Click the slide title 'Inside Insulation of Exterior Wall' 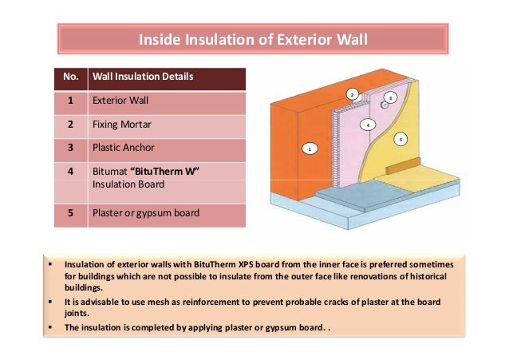tap(254, 38)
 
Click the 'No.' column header tap(70, 77)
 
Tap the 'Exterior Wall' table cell tap(120, 101)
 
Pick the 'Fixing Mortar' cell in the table tap(121, 125)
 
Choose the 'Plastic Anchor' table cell tap(124, 148)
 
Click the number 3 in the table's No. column tap(70, 148)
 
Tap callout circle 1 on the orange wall tap(310, 148)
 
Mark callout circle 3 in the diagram tap(390, 97)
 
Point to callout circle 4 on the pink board tap(367, 125)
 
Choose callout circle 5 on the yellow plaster tap(401, 139)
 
